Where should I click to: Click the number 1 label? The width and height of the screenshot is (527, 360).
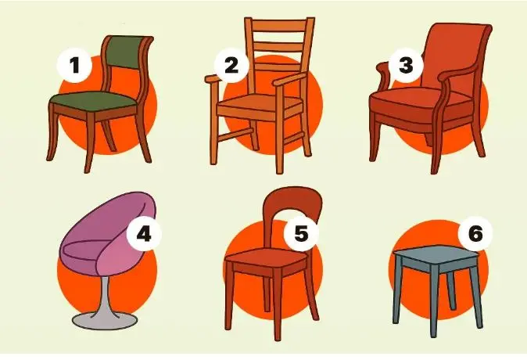74,65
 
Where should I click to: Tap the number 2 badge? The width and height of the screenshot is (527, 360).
231,65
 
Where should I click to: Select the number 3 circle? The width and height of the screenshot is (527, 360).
406,65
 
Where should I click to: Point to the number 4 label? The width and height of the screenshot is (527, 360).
144,233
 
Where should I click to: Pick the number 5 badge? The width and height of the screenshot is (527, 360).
301,233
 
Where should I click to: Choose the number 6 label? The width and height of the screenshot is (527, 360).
475,233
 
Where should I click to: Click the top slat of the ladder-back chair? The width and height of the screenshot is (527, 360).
279,25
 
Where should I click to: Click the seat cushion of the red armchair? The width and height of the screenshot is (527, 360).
420,101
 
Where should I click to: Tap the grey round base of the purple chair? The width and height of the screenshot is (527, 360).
105,321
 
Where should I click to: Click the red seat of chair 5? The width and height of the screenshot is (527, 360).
266,257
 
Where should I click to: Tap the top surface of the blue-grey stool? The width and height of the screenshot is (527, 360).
437,254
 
